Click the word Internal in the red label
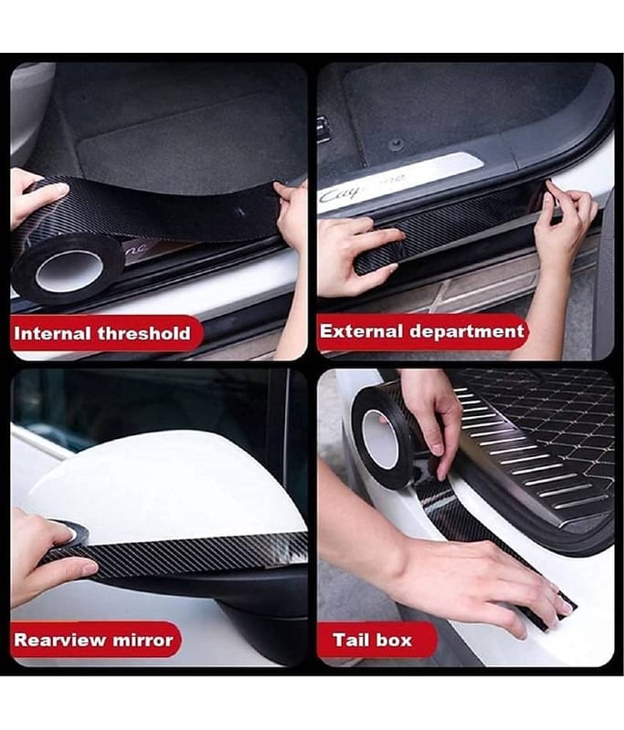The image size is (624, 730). click(52, 333)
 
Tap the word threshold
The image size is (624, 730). click(144, 333)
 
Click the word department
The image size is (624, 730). click(467, 332)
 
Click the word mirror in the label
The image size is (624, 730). click(143, 640)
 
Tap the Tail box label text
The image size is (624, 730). click(372, 641)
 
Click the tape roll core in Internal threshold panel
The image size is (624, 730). click(69, 271)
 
